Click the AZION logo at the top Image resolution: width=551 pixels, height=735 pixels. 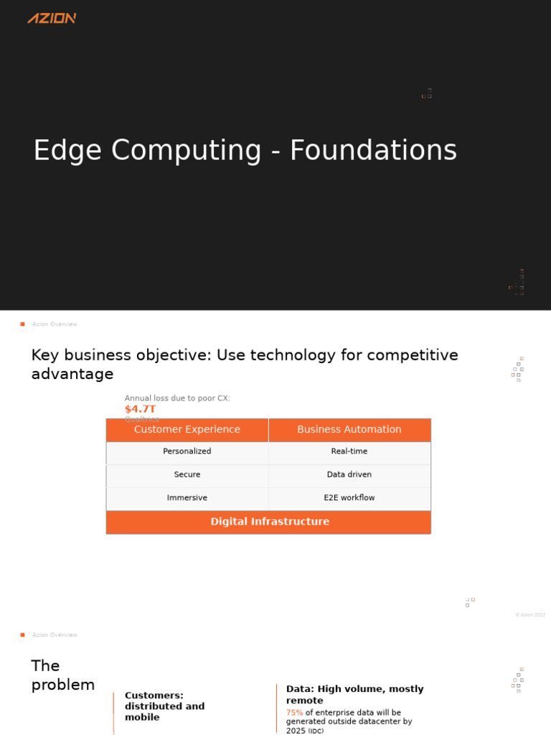tap(52, 18)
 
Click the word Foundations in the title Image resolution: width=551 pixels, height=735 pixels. tap(373, 151)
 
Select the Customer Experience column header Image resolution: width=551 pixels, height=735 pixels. tap(187, 429)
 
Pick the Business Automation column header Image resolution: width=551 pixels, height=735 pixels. tap(349, 429)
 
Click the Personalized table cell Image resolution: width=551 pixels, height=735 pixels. tap(187, 451)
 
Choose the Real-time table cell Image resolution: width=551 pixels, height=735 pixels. tap(349, 451)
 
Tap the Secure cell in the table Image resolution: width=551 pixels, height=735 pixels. tap(187, 474)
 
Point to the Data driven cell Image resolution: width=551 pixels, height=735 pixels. tap(349, 474)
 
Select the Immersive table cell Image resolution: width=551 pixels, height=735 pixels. tap(187, 497)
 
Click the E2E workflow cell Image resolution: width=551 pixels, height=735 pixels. tap(349, 497)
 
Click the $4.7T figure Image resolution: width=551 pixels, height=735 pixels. tap(140, 409)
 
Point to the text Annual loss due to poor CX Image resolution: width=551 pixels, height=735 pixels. tap(177, 398)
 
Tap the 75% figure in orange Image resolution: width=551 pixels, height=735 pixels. tap(294, 713)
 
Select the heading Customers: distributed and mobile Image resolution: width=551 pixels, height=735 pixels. tap(164, 706)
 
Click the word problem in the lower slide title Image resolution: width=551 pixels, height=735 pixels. tap(63, 685)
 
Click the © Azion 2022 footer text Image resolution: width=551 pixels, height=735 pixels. tap(530, 615)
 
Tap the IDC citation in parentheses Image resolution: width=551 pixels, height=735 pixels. tap(316, 731)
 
